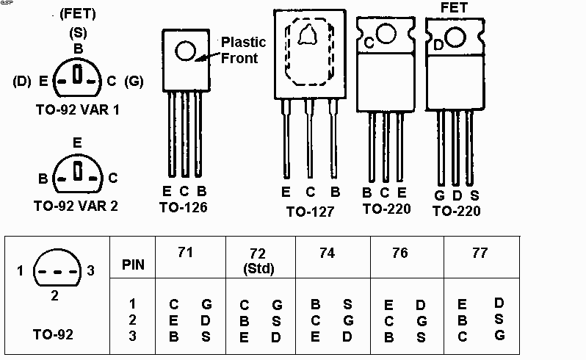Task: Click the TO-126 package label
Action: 183,208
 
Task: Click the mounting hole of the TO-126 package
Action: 184,50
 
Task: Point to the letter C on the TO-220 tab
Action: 369,43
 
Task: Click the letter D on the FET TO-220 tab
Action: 438,45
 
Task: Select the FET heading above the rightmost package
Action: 454,8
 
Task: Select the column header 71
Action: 186,253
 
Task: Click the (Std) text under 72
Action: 260,268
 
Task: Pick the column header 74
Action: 328,253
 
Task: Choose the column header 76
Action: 399,253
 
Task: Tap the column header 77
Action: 479,253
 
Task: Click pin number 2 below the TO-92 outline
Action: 55,297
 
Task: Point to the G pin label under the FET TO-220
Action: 438,195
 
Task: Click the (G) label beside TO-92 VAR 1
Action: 134,81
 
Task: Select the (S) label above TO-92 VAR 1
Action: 77,33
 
